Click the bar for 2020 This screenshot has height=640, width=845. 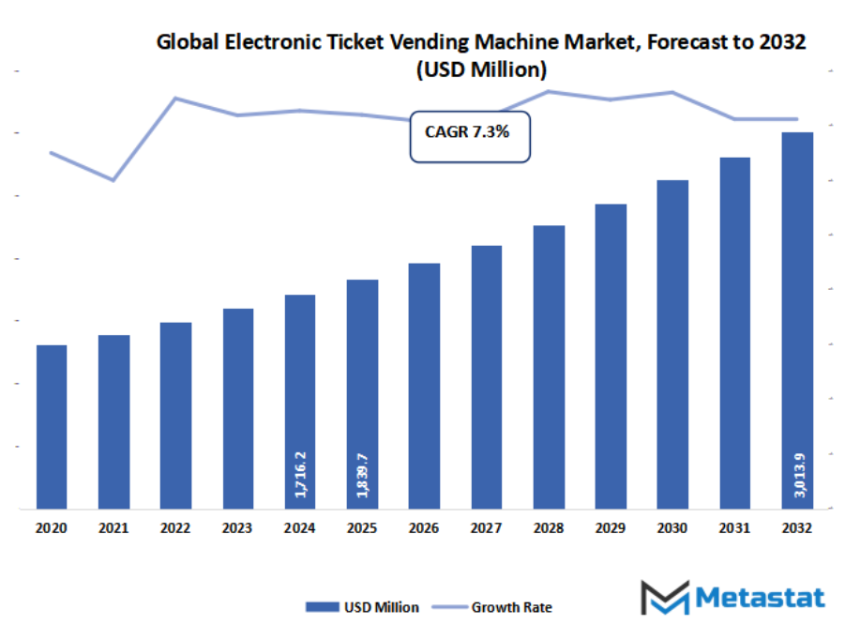(x=52, y=427)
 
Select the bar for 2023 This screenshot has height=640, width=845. (x=238, y=408)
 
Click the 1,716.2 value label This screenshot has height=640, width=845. (x=300, y=474)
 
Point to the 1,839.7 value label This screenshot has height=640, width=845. (x=362, y=474)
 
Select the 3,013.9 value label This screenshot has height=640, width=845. (x=797, y=474)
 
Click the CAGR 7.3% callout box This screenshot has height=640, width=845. (x=470, y=135)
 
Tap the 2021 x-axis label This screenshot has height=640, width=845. (x=113, y=529)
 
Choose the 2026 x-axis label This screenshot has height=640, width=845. (x=424, y=529)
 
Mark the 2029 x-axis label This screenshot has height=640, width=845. (x=611, y=529)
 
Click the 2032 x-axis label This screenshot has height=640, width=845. (x=797, y=529)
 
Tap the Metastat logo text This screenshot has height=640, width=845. (x=760, y=598)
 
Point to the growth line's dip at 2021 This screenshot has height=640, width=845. (x=113, y=179)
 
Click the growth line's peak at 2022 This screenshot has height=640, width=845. (x=175, y=98)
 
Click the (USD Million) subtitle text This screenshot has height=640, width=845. (x=481, y=69)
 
